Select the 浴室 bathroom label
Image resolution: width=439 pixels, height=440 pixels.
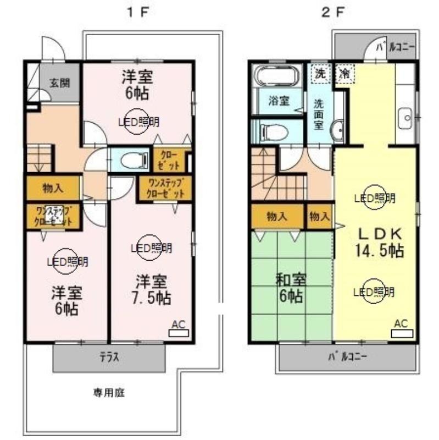point(276,101)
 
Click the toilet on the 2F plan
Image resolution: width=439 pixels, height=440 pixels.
point(275,131)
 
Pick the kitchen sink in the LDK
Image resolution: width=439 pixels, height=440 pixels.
point(405,117)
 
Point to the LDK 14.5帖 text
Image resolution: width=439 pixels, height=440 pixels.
point(379,241)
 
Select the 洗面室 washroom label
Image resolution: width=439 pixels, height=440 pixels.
point(319,113)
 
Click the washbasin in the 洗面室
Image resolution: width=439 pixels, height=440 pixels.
point(338,130)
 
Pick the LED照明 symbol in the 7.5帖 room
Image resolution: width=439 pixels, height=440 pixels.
point(152,249)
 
